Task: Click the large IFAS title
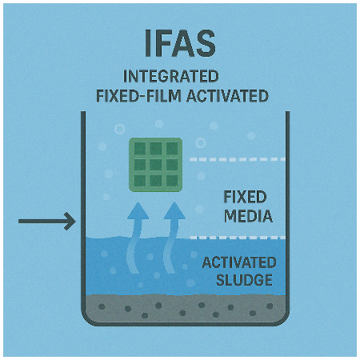point(180,43)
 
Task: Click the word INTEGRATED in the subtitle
point(171,76)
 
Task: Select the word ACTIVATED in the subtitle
point(227,96)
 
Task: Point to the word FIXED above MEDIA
point(245,197)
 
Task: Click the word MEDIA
point(249,216)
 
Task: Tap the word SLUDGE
point(244,280)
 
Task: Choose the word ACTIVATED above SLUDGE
point(239,262)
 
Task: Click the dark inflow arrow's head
point(70,221)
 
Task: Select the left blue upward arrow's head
point(138,210)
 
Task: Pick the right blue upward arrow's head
point(174,210)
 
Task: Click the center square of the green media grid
point(156,165)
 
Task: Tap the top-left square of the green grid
point(140,149)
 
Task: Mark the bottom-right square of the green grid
point(172,181)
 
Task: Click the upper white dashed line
point(238,159)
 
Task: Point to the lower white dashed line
point(238,238)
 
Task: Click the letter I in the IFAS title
point(148,43)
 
